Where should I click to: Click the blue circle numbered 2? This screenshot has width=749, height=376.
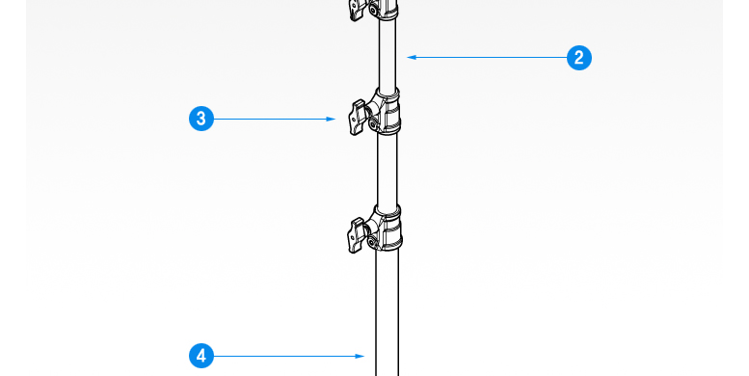click(579, 58)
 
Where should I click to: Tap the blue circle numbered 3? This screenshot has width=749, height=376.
click(201, 119)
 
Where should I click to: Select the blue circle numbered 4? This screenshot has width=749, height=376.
click(201, 356)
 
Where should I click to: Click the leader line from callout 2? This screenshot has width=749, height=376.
click(487, 57)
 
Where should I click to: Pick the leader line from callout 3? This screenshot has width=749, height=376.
click(275, 119)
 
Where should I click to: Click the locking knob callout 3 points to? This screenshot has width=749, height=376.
click(358, 117)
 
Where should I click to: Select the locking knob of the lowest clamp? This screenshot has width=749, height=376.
click(357, 234)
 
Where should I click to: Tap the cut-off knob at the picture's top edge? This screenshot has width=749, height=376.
click(358, 10)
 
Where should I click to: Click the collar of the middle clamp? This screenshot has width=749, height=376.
click(388, 111)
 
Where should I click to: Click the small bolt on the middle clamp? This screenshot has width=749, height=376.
click(372, 124)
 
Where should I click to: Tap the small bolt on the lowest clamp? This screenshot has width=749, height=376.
click(372, 243)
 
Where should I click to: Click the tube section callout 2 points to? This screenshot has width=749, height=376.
click(388, 54)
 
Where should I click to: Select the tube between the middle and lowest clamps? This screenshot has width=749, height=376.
click(387, 170)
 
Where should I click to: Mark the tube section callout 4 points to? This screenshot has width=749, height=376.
click(387, 313)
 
